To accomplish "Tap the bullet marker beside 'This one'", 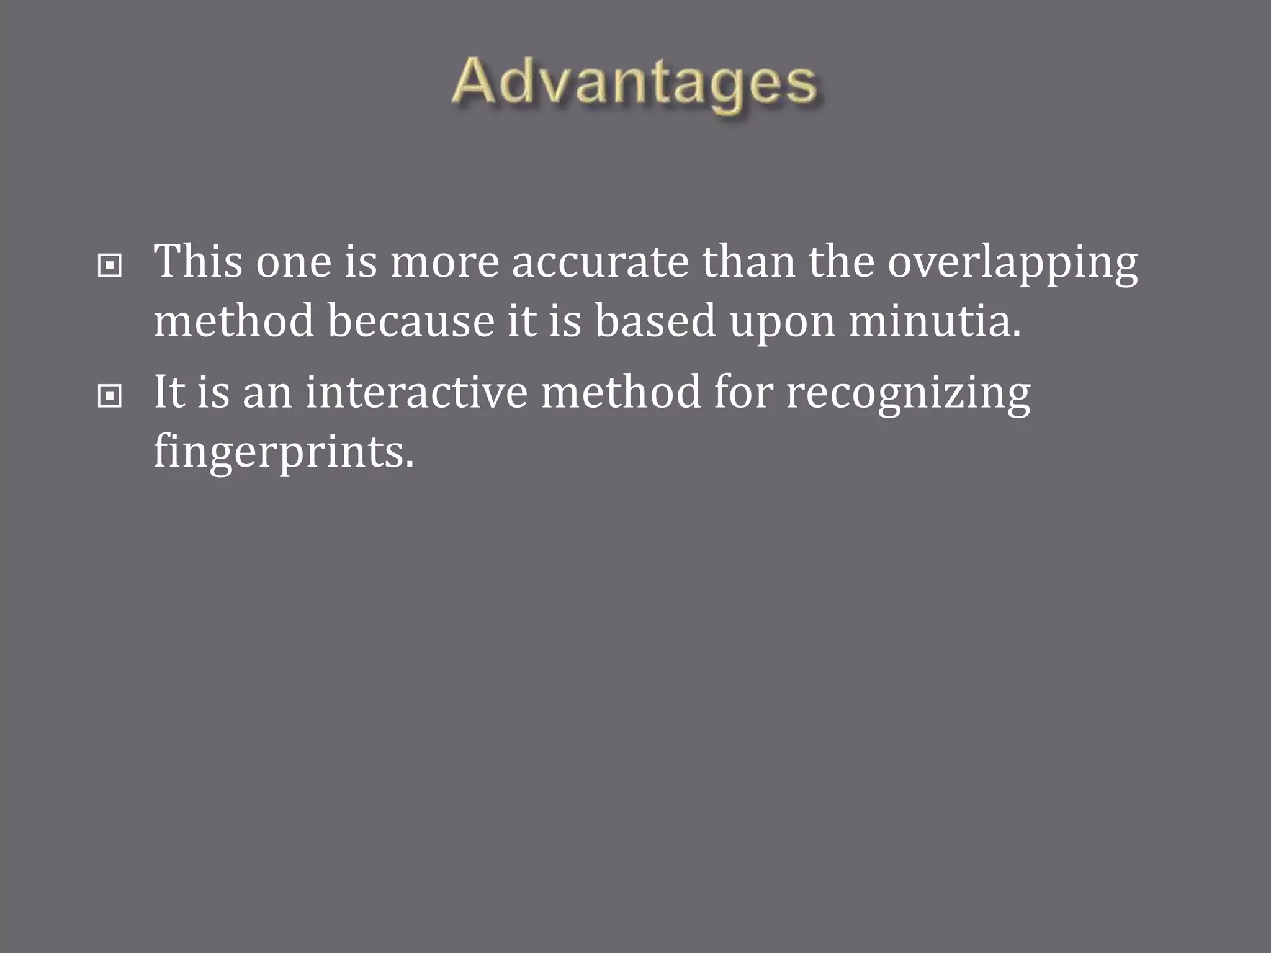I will pyautogui.click(x=110, y=267).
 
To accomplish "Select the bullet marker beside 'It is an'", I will pyautogui.click(x=110, y=396).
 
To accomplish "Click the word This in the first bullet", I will pyautogui.click(x=197, y=262).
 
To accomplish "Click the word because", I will pyautogui.click(x=411, y=321).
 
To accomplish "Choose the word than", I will pyautogui.click(x=748, y=262).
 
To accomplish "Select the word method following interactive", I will pyautogui.click(x=621, y=393).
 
